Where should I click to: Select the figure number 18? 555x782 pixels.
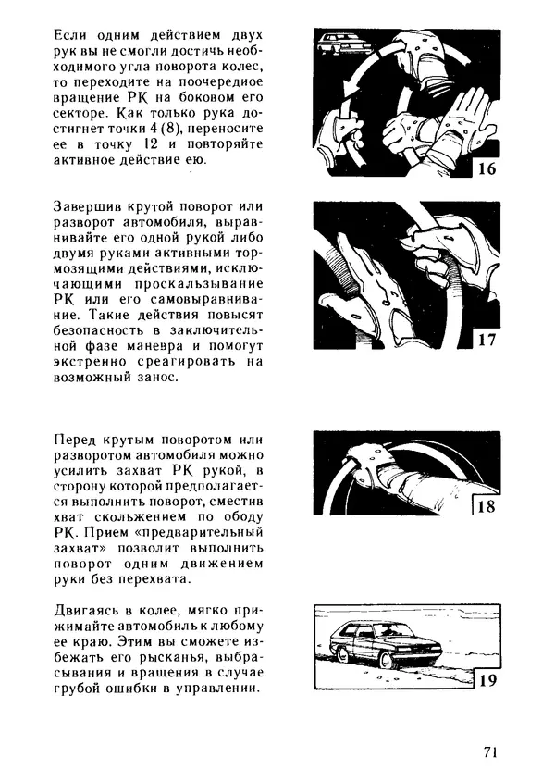[487, 506]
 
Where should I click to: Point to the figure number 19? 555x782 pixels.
[487, 681]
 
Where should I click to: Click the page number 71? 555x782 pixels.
[490, 751]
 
